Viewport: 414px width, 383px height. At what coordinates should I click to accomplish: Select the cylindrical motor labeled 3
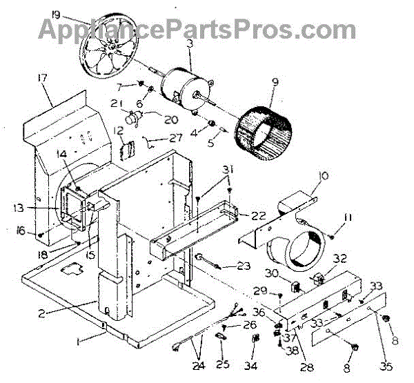(x=181, y=83)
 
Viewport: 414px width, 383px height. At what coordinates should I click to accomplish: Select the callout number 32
(x=339, y=259)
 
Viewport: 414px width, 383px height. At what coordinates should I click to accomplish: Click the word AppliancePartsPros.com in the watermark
(x=197, y=29)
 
